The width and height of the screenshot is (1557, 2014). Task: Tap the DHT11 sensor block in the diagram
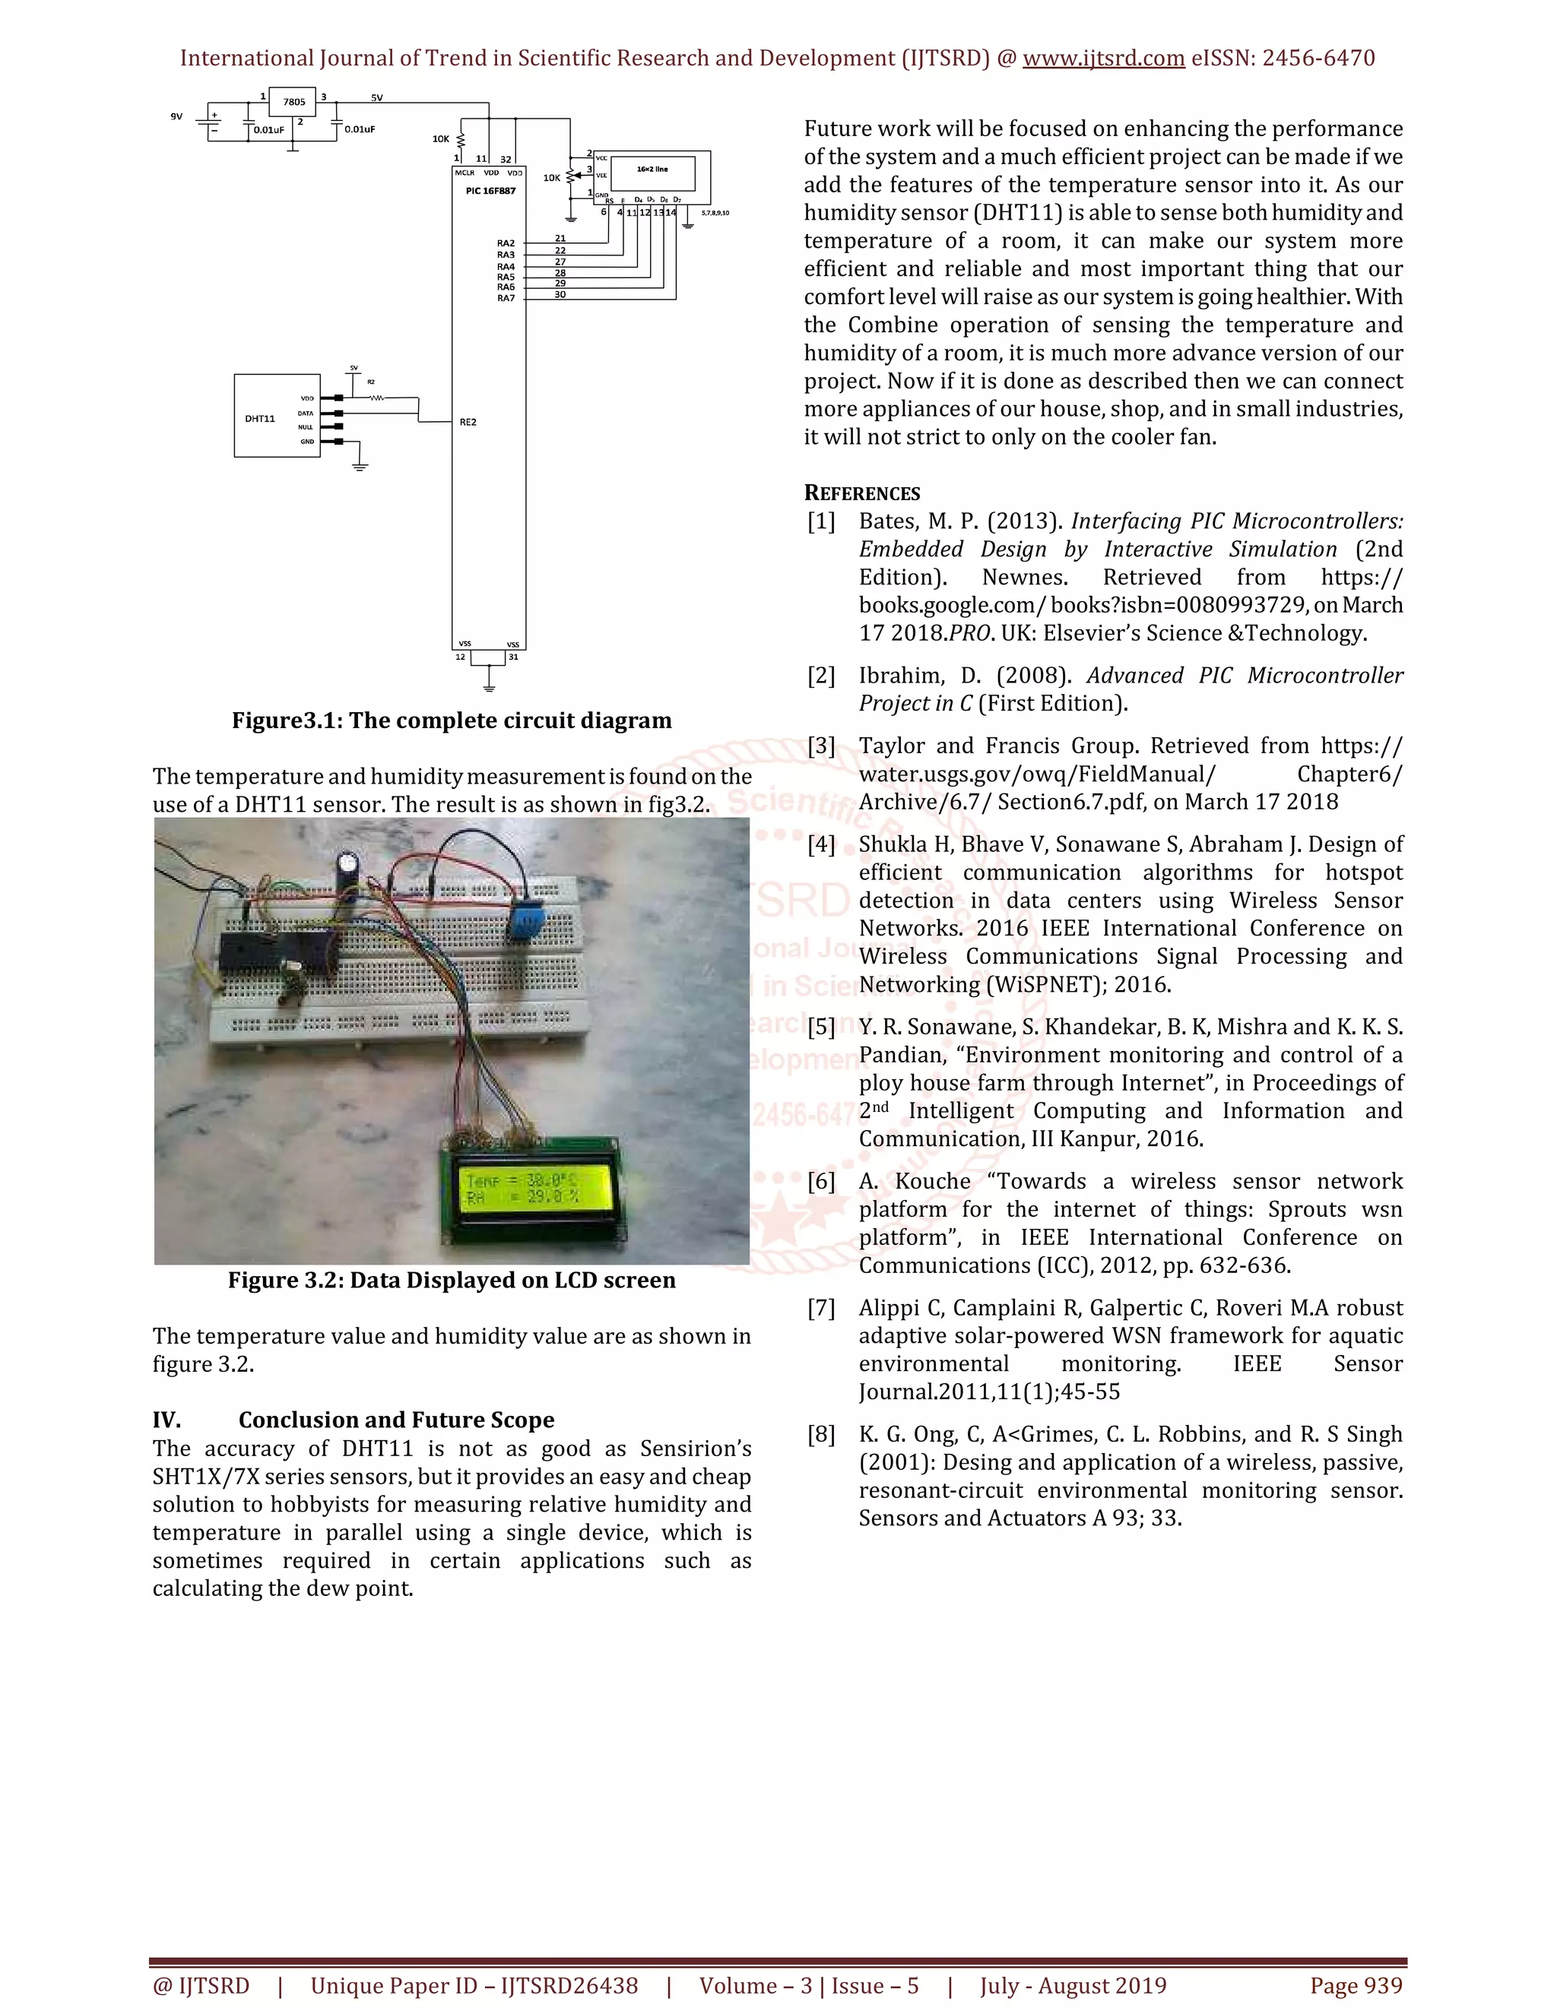pos(277,416)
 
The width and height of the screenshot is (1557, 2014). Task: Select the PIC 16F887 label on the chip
pos(490,191)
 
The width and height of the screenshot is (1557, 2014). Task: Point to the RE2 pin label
pos(468,423)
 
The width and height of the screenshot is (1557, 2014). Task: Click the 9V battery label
pos(176,117)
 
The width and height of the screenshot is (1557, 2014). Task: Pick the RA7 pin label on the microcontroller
pos(506,298)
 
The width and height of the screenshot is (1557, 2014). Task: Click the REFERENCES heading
pos(861,492)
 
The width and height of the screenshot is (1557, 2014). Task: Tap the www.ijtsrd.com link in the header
pos(1103,58)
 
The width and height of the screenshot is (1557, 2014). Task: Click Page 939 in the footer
pos(1355,1985)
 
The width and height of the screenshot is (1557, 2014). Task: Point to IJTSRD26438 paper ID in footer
pos(568,1985)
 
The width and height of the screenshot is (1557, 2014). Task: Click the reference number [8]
pos(820,1434)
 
